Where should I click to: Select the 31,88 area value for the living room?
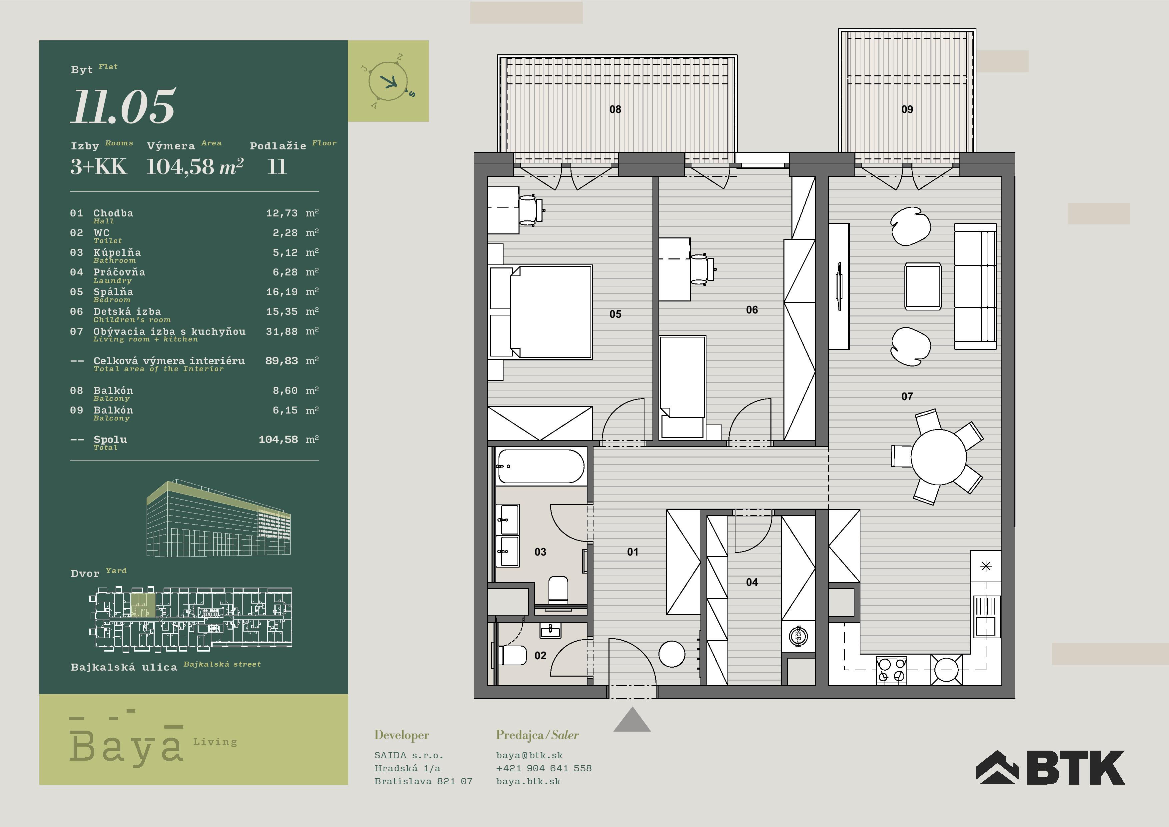pos(282,331)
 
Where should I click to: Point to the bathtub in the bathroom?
pos(541,466)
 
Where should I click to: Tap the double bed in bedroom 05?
pos(541,312)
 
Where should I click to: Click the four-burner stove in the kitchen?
pos(891,670)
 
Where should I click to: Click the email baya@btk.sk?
pos(530,755)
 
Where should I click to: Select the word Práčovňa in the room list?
pos(119,272)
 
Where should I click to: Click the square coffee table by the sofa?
pos(923,286)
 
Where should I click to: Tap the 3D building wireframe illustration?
pos(218,517)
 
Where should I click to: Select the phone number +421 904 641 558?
pos(544,768)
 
